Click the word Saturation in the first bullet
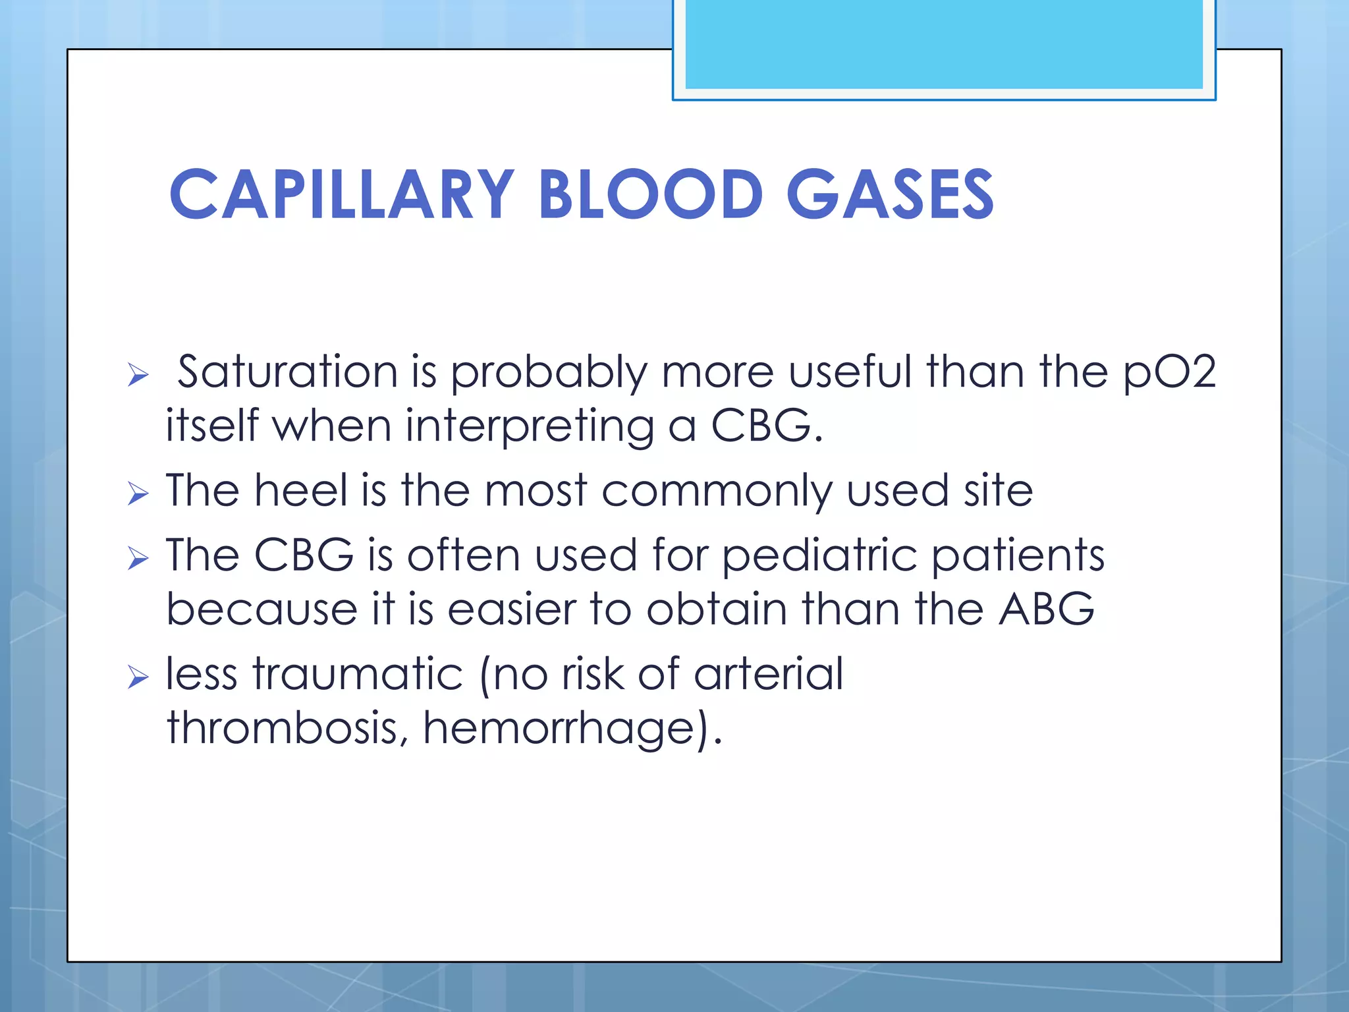point(287,372)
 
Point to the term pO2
point(1169,373)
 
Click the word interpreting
point(530,427)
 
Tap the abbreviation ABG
point(1047,609)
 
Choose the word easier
point(512,609)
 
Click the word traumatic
point(358,675)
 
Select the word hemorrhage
point(559,729)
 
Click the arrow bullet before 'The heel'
point(138,493)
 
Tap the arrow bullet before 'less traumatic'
point(138,677)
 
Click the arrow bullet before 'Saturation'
point(138,375)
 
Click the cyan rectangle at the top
point(943,45)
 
